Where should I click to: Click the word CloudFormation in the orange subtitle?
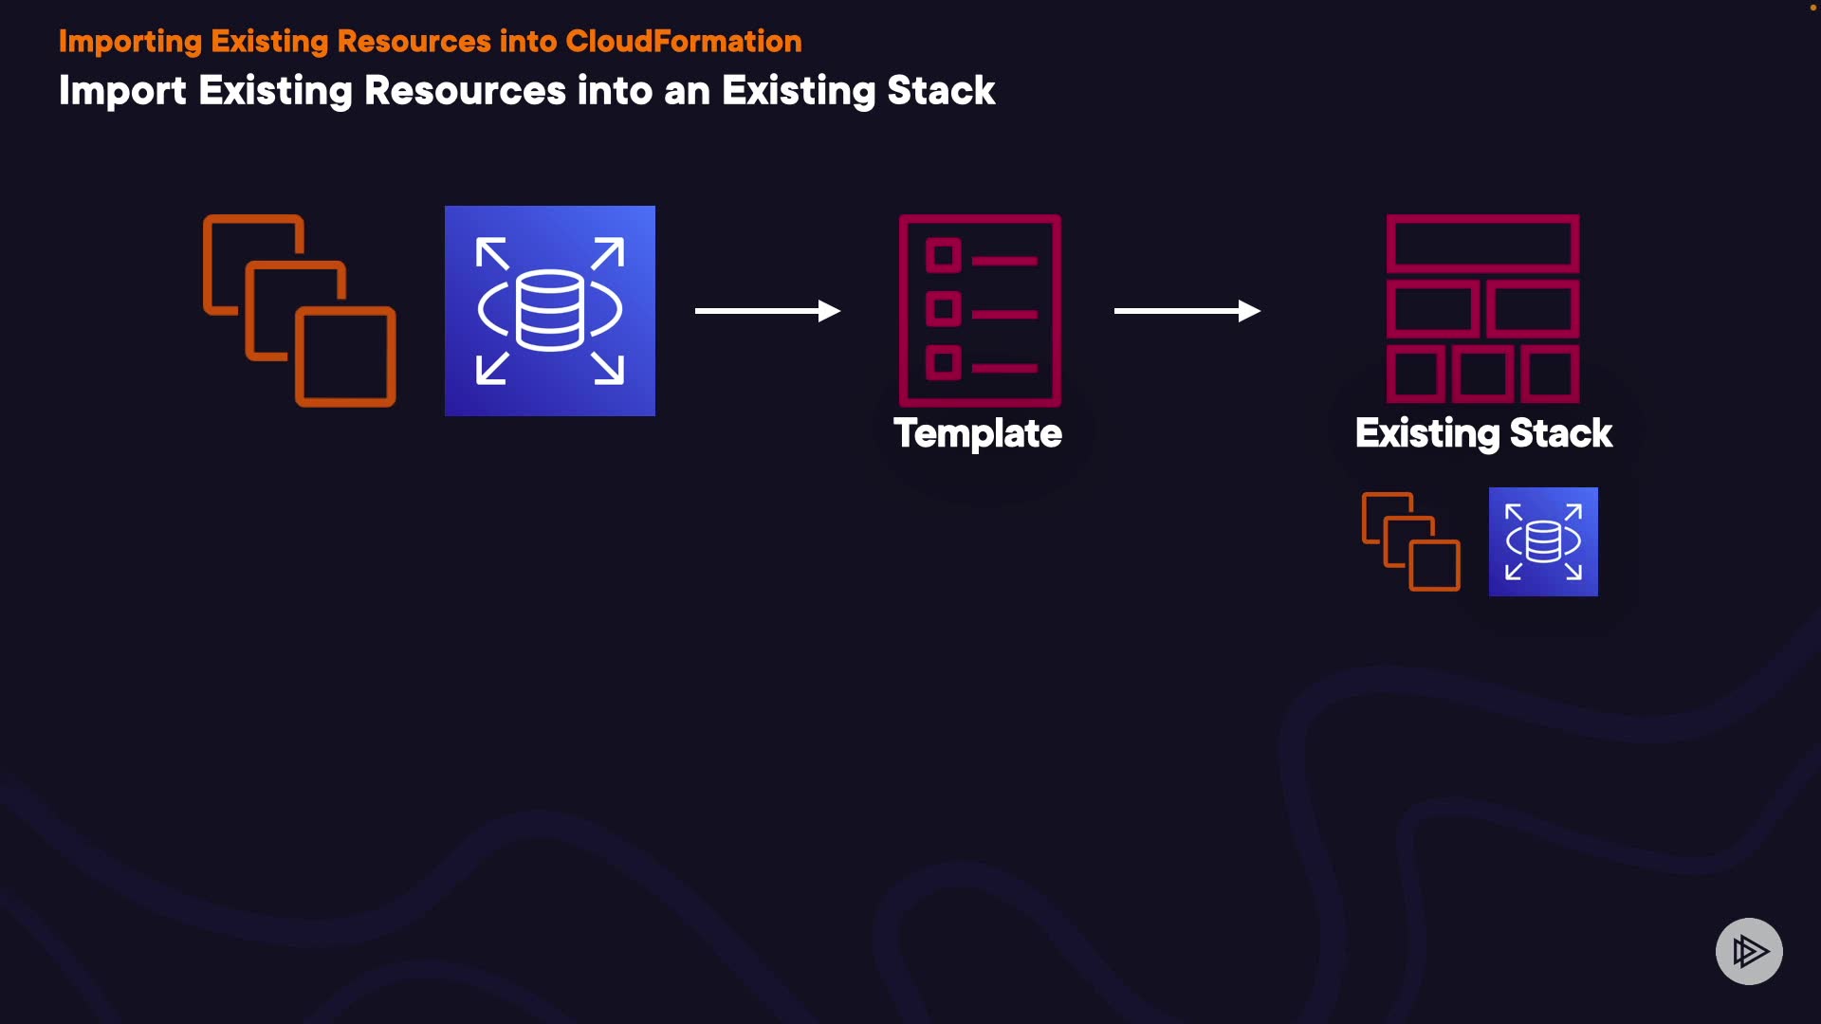pyautogui.click(x=684, y=42)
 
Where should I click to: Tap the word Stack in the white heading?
pyautogui.click(x=941, y=91)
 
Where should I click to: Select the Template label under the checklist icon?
pyautogui.click(x=978, y=434)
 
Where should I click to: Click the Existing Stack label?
pyautogui.click(x=1483, y=434)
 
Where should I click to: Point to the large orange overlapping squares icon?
pyautogui.click(x=300, y=311)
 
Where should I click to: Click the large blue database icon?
pyautogui.click(x=550, y=311)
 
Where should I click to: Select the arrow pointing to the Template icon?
pyautogui.click(x=768, y=311)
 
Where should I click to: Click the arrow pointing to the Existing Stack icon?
pyautogui.click(x=1187, y=311)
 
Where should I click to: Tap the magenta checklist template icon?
pyautogui.click(x=981, y=311)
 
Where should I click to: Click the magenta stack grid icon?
pyautogui.click(x=1483, y=309)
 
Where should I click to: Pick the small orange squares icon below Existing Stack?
pyautogui.click(x=1411, y=541)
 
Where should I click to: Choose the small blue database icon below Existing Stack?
pyautogui.click(x=1543, y=541)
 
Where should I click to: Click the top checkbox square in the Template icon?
pyautogui.click(x=944, y=255)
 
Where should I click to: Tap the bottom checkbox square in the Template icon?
pyautogui.click(x=944, y=362)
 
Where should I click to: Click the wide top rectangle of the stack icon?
pyautogui.click(x=1483, y=244)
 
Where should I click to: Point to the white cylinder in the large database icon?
pyautogui.click(x=550, y=310)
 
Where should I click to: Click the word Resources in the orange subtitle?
pyautogui.click(x=413, y=42)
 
